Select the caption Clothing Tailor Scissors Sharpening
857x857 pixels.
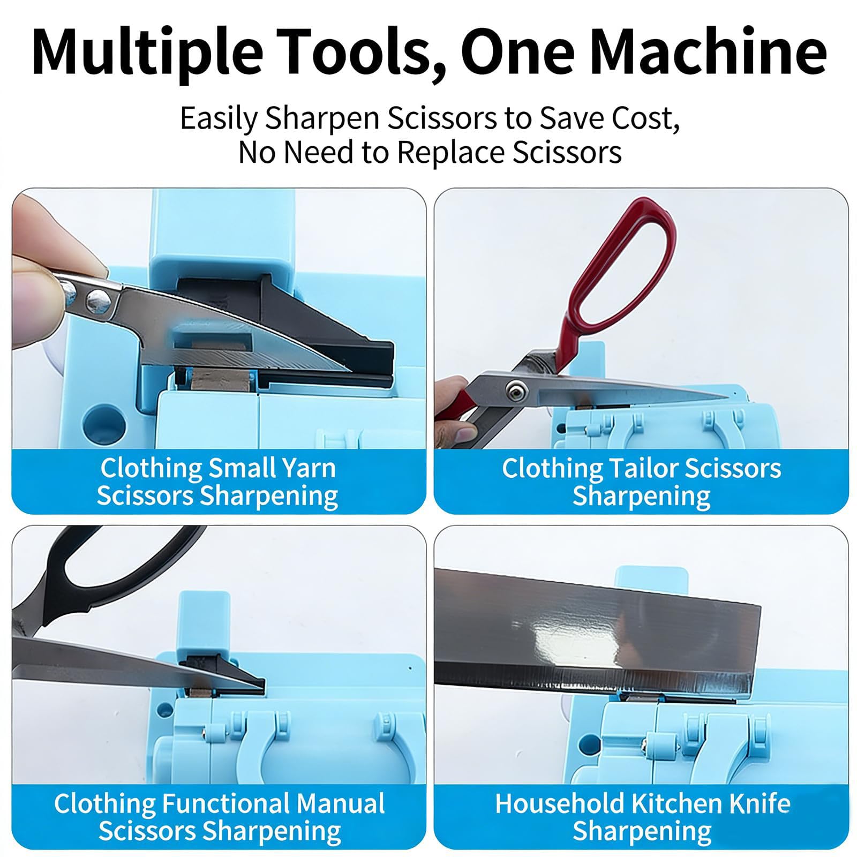click(x=641, y=482)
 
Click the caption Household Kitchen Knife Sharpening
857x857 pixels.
click(x=642, y=818)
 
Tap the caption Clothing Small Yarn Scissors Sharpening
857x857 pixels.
click(x=217, y=482)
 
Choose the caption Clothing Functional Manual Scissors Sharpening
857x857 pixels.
click(x=219, y=818)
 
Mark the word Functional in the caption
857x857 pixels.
click(x=225, y=804)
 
